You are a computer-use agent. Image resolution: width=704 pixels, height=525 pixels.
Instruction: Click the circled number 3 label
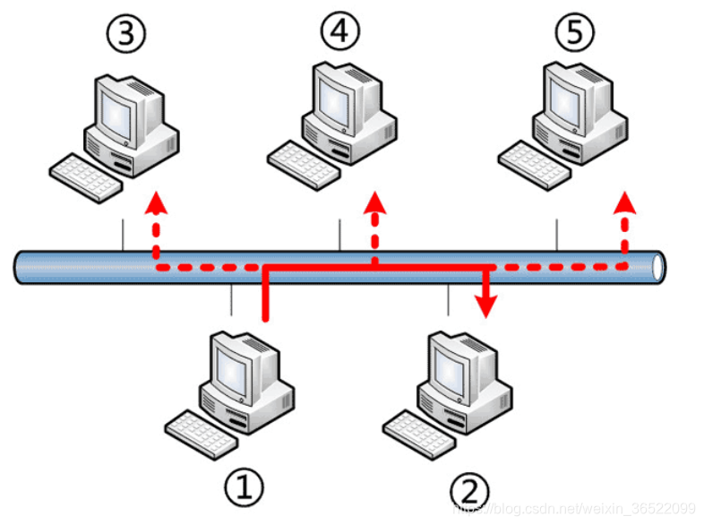click(x=125, y=36)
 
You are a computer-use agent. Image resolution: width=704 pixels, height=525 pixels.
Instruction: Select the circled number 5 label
click(x=574, y=34)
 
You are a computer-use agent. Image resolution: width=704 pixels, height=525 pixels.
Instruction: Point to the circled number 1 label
click(x=244, y=489)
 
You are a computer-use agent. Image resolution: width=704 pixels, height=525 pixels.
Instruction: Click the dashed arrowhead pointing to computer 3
click(x=156, y=200)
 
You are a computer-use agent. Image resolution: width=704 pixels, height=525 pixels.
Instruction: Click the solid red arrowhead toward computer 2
click(x=486, y=307)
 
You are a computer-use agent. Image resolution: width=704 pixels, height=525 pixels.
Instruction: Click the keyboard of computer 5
click(x=529, y=162)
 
